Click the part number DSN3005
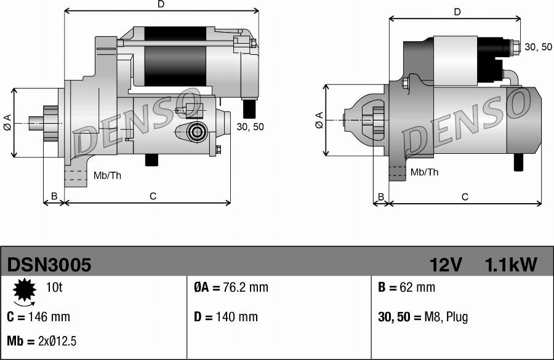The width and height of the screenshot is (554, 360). pyautogui.click(x=49, y=265)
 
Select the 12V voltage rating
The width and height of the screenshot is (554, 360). pyautogui.click(x=446, y=265)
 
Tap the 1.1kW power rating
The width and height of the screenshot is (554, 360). pyautogui.click(x=511, y=265)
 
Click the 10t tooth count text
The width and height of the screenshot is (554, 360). pyautogui.click(x=54, y=287)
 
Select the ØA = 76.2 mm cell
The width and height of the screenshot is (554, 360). pyautogui.click(x=231, y=287)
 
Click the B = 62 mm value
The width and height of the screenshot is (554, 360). pyautogui.click(x=406, y=287)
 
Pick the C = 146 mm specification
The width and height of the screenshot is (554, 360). pyautogui.click(x=38, y=317)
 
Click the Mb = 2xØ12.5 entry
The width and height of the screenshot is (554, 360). pyautogui.click(x=42, y=341)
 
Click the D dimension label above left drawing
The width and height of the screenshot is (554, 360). pyautogui.click(x=161, y=4)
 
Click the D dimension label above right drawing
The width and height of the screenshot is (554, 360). pyautogui.click(x=457, y=12)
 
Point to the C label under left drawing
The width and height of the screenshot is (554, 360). pyautogui.click(x=153, y=196)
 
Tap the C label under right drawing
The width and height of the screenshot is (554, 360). pyautogui.click(x=465, y=197)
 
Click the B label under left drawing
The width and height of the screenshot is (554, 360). pyautogui.click(x=54, y=196)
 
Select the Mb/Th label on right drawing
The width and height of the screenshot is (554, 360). pyautogui.click(x=424, y=172)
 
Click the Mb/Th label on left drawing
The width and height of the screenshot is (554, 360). pyautogui.click(x=107, y=175)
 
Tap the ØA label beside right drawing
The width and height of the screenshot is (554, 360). pyautogui.click(x=319, y=120)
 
